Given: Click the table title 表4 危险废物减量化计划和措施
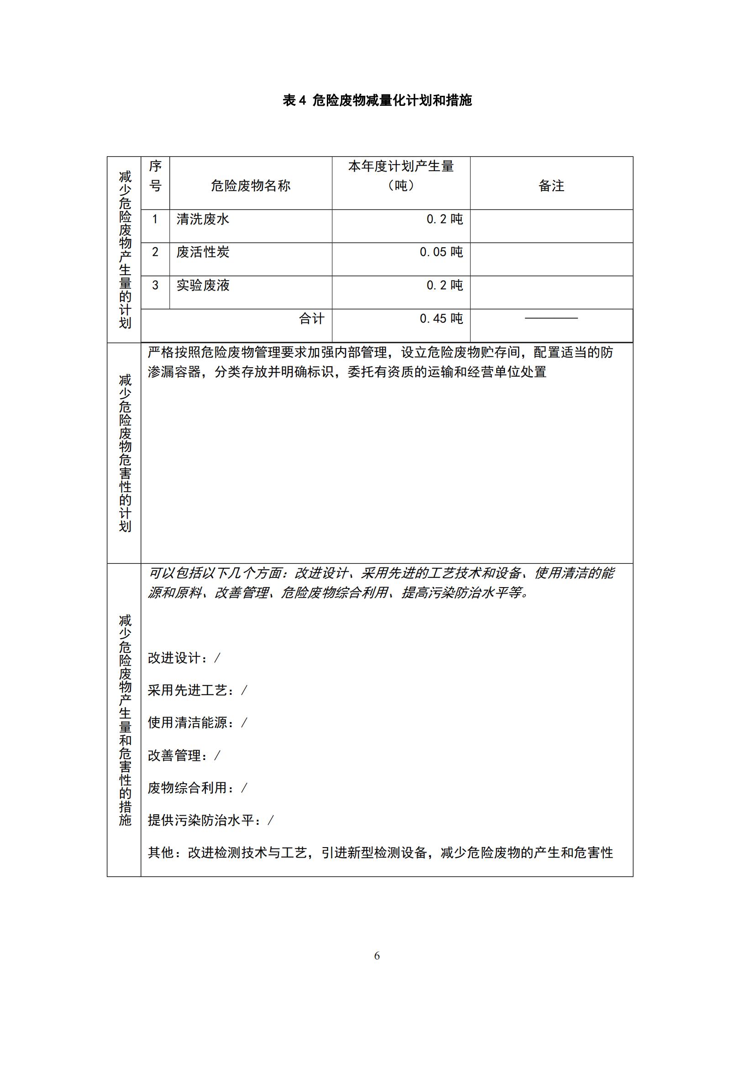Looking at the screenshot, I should [377, 100].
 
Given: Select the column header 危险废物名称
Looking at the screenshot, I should [251, 186].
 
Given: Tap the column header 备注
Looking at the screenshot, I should [551, 186].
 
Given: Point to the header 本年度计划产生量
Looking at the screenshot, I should [401, 167].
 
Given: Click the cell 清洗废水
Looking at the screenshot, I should [203, 219].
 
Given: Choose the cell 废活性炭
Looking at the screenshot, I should [203, 252].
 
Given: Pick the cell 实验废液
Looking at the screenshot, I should [203, 285].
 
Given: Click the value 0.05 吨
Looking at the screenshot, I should [441, 252].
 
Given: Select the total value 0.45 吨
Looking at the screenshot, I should [441, 319].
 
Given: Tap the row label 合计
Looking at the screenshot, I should [311, 319].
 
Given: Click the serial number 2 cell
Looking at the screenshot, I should [155, 252].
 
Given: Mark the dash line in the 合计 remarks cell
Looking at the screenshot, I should [551, 318].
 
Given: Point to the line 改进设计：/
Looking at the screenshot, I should [184, 658].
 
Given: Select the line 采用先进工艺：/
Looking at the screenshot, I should [198, 691].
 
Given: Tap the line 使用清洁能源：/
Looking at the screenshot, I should [198, 723].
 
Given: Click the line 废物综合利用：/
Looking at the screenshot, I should [198, 788].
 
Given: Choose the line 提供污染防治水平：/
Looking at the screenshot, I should [210, 820].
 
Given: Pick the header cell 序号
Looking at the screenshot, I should [155, 176].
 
